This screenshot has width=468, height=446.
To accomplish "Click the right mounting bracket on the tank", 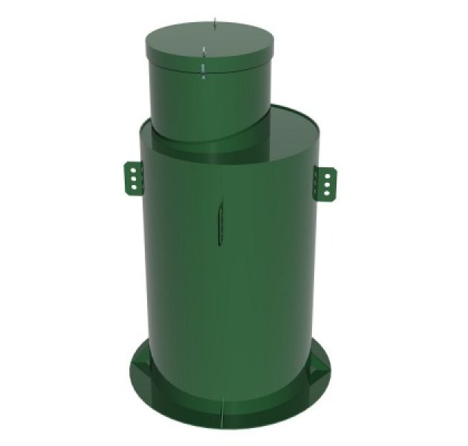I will point(326,182).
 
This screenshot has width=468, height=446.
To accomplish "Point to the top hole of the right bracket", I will point(327,175).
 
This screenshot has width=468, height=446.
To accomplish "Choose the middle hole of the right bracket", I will point(327,184).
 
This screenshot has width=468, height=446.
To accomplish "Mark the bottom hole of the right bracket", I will point(327,192).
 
